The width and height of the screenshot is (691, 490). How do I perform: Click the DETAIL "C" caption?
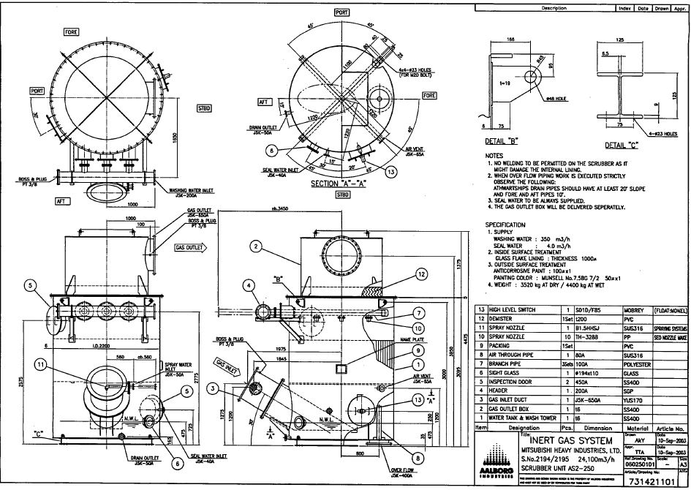click(x=615, y=144)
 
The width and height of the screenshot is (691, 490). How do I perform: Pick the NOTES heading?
click(x=494, y=156)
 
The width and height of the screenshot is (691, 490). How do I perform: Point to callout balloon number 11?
click(x=42, y=363)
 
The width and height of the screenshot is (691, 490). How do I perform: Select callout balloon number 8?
click(x=415, y=459)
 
